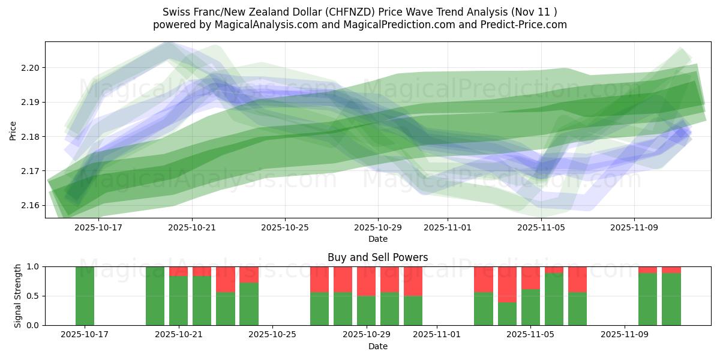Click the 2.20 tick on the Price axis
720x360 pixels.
30,68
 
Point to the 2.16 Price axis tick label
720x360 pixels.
30,206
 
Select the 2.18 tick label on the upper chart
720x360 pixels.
30,137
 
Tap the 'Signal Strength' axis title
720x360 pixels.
18,296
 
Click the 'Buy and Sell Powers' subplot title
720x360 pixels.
377,257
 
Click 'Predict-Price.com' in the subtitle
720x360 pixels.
524,25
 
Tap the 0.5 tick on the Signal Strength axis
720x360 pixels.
32,296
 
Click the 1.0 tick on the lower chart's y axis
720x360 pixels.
32,266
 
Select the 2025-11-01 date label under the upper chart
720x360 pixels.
447,227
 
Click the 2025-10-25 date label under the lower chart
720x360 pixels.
272,334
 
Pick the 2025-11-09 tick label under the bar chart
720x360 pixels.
625,334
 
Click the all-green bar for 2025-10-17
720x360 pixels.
85,296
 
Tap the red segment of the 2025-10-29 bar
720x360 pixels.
366,281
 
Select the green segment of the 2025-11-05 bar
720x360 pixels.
530,307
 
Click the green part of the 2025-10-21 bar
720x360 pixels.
178,301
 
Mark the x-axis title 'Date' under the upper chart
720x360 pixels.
377,239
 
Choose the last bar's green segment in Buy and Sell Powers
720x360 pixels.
671,299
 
